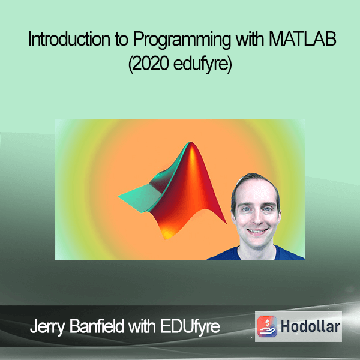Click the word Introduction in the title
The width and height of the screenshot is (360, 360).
pyautogui.click(x=69, y=39)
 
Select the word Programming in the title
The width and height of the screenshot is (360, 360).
pyautogui.click(x=181, y=40)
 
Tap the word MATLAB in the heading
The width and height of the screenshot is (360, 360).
pyautogui.click(x=302, y=39)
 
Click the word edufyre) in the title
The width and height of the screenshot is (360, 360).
pyautogui.click(x=203, y=65)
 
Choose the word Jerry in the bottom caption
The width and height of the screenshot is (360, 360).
pyautogui.click(x=47, y=327)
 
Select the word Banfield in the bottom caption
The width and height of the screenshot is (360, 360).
pyautogui.click(x=97, y=326)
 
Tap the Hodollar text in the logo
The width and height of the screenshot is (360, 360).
pyautogui.click(x=310, y=326)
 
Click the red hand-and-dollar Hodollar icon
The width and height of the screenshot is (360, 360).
pyautogui.click(x=267, y=326)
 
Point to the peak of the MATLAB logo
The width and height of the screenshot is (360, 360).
pyautogui.click(x=191, y=143)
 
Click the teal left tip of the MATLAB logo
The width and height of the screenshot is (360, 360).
pyautogui.click(x=119, y=197)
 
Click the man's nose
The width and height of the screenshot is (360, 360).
pyautogui.click(x=257, y=218)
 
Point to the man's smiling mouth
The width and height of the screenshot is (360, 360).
pyautogui.click(x=257, y=231)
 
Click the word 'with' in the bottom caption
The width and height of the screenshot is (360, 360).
pyautogui.click(x=142, y=326)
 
